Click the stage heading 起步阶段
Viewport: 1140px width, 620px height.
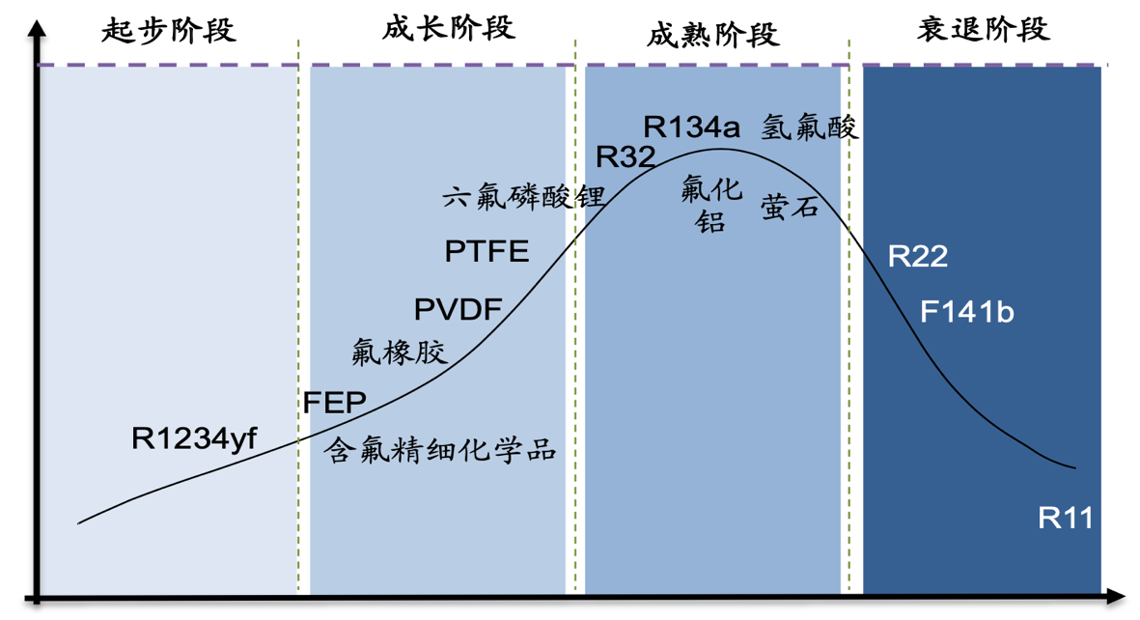169,31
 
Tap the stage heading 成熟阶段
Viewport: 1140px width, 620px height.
711,36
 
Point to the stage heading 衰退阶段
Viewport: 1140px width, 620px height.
983,30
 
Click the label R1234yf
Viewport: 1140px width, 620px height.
194,439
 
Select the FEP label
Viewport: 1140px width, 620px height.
334,402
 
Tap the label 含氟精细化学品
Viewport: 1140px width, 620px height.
441,450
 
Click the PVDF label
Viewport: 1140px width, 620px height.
458,310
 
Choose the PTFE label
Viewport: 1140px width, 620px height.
487,252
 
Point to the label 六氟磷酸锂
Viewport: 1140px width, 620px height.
523,198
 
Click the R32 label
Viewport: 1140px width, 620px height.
625,157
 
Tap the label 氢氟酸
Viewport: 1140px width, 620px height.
809,127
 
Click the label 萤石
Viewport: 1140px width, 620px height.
790,207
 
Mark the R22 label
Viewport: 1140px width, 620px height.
918,257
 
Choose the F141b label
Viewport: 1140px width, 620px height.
967,313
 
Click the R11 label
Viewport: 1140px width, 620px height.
1066,519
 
